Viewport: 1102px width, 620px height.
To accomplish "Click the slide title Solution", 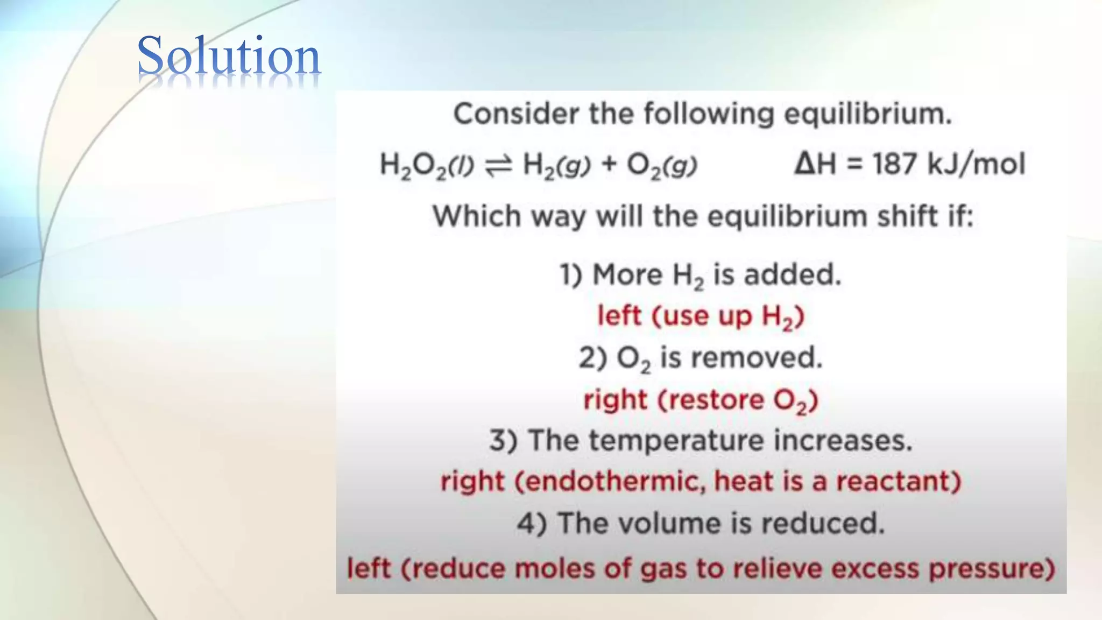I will click(x=229, y=56).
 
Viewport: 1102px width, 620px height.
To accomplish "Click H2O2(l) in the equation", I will click(x=426, y=165).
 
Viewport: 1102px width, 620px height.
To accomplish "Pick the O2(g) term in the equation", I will click(x=662, y=165).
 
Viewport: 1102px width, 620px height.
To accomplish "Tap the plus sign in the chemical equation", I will click(x=609, y=164).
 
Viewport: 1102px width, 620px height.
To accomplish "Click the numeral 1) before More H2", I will click(x=571, y=275).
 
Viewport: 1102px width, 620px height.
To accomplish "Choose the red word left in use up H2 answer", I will click(x=619, y=315).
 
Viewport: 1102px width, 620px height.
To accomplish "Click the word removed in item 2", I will click(x=768, y=357).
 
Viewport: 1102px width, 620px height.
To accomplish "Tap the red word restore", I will click(x=710, y=400).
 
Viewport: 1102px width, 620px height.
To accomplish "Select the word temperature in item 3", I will click(x=676, y=441).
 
